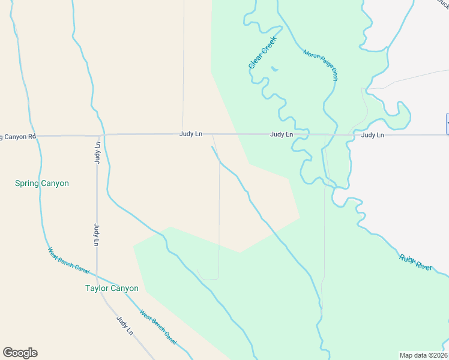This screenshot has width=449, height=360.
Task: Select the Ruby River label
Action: [x=415, y=262]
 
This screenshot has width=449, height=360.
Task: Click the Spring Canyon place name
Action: [x=42, y=183]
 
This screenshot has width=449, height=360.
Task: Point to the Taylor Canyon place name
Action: [x=112, y=288]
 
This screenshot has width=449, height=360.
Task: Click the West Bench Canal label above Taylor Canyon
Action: [x=68, y=260]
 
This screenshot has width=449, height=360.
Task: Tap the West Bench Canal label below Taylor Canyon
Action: [x=158, y=327]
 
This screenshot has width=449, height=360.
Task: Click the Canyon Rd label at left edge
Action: [x=18, y=137]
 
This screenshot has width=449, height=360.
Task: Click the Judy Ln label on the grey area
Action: [x=372, y=135]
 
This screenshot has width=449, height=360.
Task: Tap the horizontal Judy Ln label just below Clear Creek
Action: [x=281, y=134]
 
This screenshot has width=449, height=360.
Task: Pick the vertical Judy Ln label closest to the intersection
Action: [x=97, y=154]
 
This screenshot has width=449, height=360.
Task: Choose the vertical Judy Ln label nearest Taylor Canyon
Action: [x=96, y=235]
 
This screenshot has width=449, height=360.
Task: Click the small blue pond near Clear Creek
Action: [x=274, y=69]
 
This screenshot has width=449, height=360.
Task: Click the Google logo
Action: [x=20, y=353]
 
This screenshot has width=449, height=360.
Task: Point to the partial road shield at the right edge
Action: [x=447, y=124]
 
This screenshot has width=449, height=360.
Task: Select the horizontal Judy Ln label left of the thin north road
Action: [x=190, y=134]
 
